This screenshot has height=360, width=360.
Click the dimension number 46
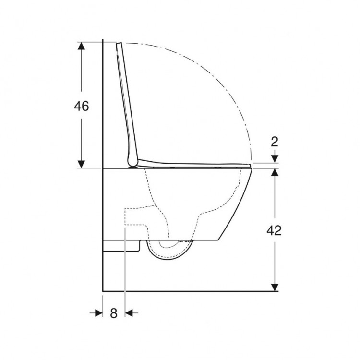click(81, 106)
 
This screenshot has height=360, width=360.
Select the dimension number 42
click(274, 230)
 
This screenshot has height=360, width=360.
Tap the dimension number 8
click(114, 313)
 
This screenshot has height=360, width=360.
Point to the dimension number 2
click(274, 141)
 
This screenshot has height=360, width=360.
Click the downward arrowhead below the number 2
click(274, 159)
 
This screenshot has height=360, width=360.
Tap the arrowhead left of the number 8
click(99, 313)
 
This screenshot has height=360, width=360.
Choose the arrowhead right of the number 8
click(129, 313)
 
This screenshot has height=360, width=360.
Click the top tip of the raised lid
click(119, 44)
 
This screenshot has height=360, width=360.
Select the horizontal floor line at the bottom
click(192, 291)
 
